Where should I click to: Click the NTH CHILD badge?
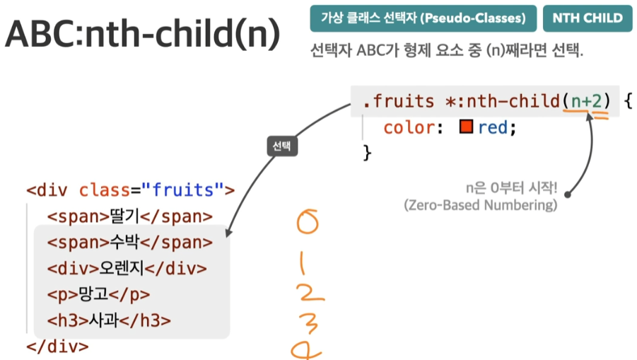point(588,18)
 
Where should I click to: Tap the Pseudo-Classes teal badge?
point(423,18)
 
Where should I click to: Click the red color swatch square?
point(466,127)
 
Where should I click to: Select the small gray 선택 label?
point(282,146)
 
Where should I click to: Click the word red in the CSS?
point(493,127)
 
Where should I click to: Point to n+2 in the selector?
point(586,100)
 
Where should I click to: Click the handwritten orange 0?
point(307,222)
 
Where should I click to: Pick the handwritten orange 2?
point(310,293)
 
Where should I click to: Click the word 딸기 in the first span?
point(124,216)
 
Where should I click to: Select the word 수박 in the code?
point(124,242)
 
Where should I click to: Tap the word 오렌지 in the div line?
point(122,268)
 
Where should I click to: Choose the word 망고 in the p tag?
point(93,294)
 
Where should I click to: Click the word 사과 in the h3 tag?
point(104,320)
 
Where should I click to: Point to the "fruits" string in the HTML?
point(182,190)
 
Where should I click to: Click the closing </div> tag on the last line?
point(57,347)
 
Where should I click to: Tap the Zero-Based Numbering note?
point(481,205)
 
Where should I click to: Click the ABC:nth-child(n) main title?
point(143,34)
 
